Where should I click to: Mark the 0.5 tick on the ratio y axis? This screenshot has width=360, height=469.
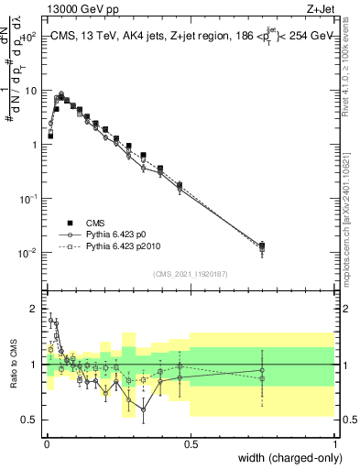(31, 420)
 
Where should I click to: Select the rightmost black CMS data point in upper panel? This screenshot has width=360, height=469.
(262, 245)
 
